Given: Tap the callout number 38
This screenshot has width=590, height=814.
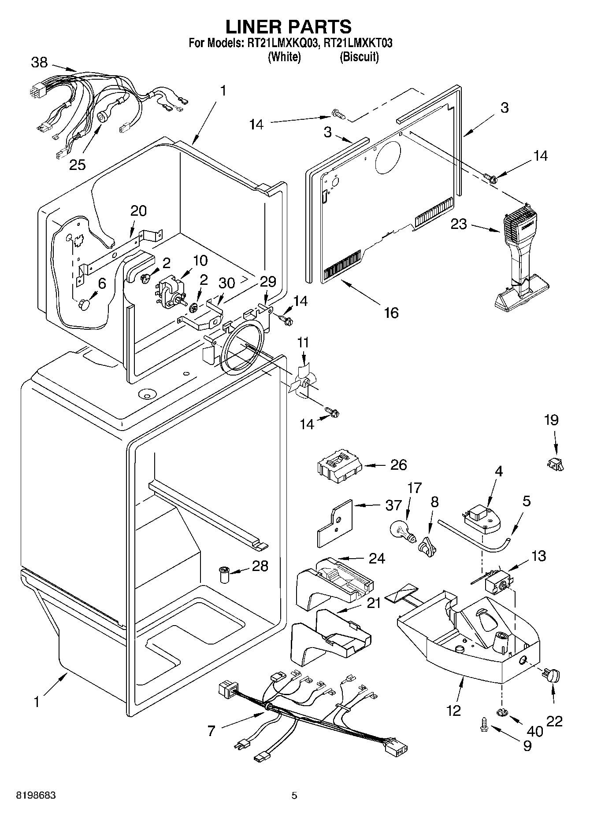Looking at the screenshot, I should (39, 63).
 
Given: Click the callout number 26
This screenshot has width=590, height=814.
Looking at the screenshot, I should (398, 465).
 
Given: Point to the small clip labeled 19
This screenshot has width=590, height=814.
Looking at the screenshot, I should (556, 464).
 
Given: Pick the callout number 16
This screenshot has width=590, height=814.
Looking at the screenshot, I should (391, 313).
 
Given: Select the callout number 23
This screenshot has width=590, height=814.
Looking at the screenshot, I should (458, 224).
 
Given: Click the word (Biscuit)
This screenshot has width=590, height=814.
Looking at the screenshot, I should (359, 57).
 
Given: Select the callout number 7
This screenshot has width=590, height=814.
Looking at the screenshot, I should (211, 731).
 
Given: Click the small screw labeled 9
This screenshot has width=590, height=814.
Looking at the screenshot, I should (483, 724).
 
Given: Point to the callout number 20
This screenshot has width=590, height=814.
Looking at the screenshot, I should (138, 211).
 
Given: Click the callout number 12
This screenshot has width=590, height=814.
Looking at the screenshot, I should (453, 710).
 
